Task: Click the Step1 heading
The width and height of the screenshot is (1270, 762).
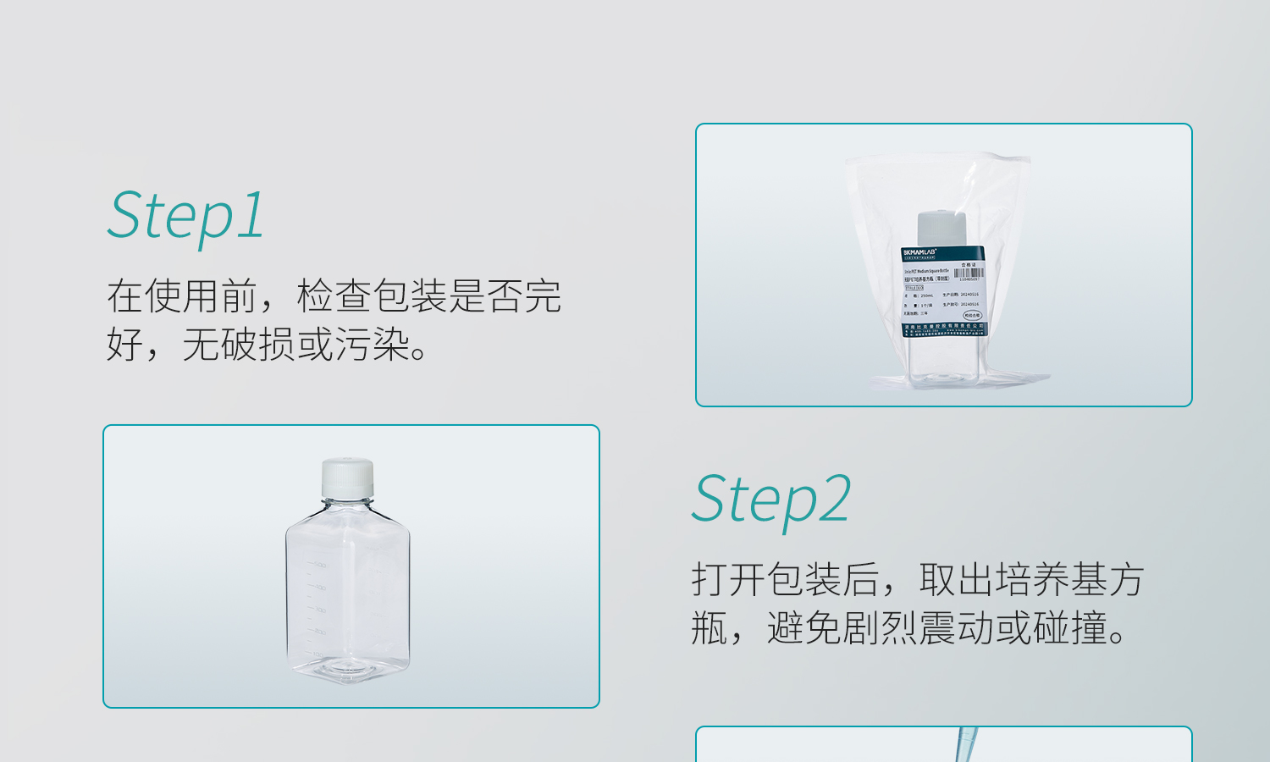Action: point(185,215)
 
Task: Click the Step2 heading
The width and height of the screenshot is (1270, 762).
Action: point(770,500)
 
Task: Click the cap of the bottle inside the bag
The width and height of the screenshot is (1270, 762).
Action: point(941,227)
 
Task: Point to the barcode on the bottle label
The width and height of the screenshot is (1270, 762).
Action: point(969,273)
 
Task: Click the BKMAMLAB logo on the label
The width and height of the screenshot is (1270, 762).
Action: point(919,252)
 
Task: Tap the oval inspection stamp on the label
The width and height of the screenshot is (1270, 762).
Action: point(972,315)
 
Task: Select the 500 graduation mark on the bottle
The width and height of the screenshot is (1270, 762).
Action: point(318,565)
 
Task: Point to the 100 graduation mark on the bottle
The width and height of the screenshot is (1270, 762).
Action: point(317,654)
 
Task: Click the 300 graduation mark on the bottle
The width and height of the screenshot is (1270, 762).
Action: point(318,610)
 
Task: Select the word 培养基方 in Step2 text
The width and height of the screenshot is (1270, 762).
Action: point(1070,580)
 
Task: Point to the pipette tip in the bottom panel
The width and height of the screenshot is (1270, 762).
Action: point(966,745)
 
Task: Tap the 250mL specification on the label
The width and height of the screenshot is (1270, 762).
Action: point(925,295)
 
